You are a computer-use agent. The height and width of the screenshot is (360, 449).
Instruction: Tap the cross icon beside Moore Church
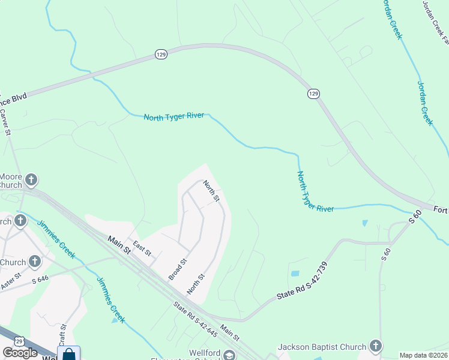coord(31,179)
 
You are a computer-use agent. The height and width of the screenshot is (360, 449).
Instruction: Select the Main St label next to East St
coord(119,245)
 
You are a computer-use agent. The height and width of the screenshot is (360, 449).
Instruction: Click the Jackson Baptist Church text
coord(322,347)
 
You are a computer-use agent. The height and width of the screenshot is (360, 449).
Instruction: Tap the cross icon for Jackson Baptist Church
coord(375,346)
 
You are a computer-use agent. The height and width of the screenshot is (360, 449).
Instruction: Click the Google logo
coord(20,353)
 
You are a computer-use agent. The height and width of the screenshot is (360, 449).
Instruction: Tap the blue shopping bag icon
coord(69,354)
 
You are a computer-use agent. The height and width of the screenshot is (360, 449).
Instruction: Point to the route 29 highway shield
coord(19,341)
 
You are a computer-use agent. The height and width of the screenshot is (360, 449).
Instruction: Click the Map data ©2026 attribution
coord(424,355)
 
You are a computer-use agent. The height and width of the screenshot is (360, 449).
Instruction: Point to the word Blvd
coord(19,96)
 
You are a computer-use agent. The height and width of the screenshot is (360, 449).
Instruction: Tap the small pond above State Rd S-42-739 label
coord(295,274)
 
